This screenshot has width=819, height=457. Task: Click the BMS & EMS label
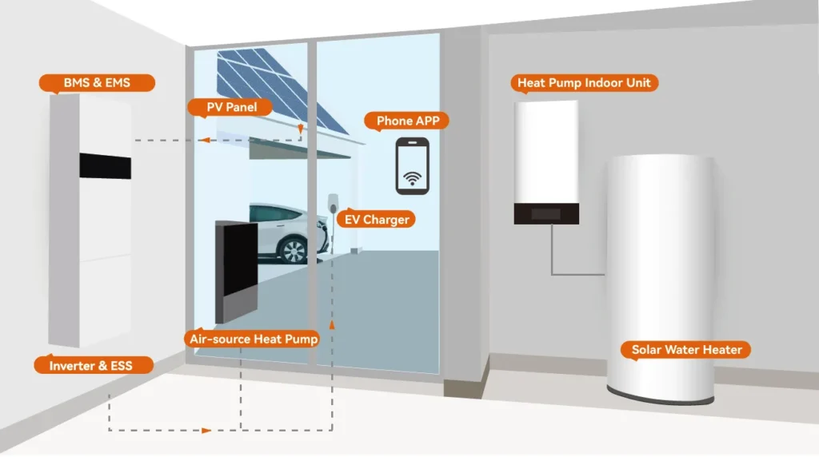(x=97, y=83)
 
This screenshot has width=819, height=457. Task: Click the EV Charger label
(x=376, y=220)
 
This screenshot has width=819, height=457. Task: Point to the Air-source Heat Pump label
(x=253, y=340)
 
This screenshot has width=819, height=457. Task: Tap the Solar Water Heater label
(x=687, y=350)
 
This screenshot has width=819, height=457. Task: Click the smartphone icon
(x=413, y=165)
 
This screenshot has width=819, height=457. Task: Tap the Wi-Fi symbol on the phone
(x=413, y=177)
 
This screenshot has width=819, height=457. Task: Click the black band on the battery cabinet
(x=105, y=165)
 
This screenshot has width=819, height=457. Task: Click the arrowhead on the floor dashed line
(x=206, y=431)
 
